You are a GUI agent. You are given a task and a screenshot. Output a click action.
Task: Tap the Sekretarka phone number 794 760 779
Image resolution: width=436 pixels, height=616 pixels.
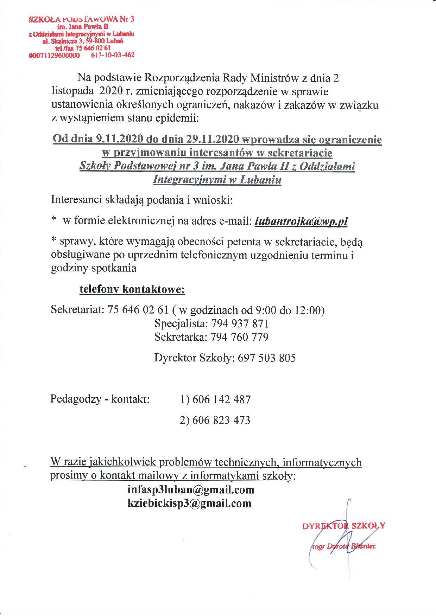(x=240, y=337)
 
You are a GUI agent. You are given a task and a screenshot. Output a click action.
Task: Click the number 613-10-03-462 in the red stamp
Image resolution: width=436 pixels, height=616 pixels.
(x=113, y=55)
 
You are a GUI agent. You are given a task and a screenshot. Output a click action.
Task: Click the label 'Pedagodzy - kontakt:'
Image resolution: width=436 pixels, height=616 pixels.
(x=100, y=399)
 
